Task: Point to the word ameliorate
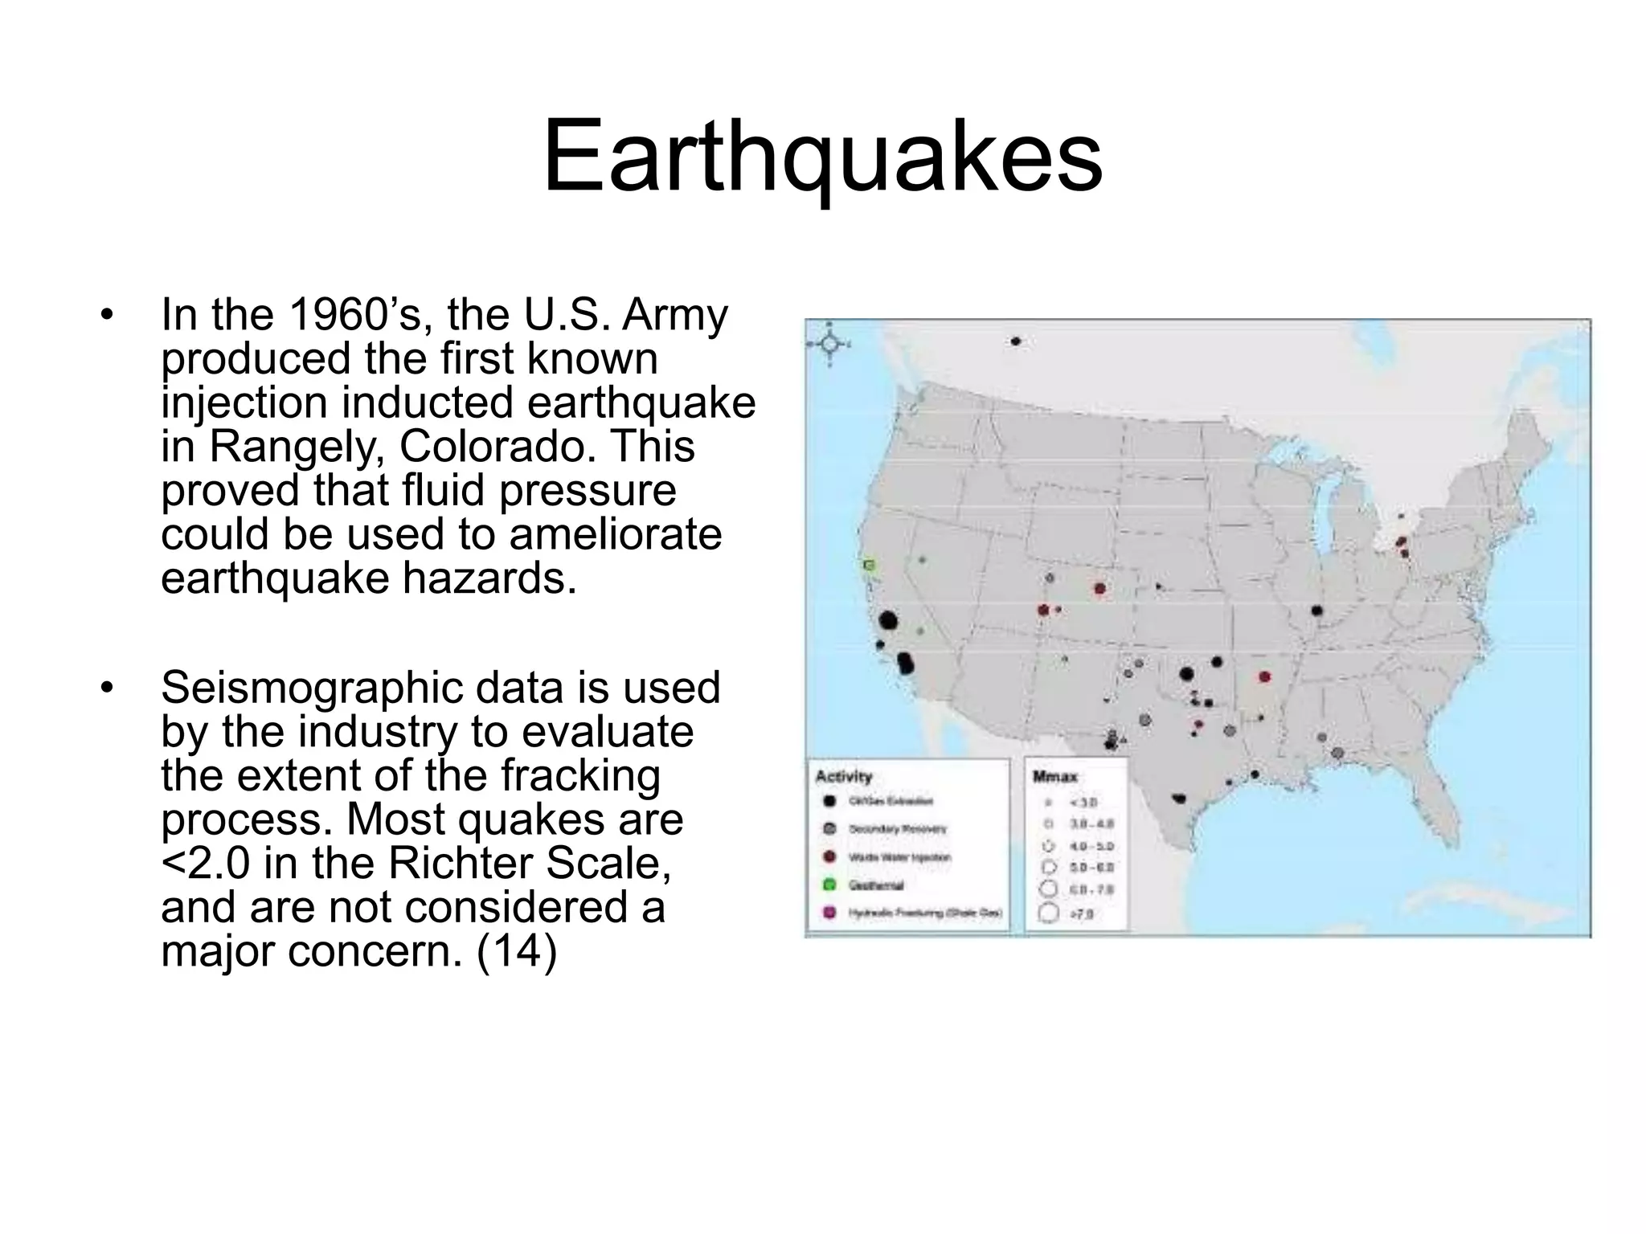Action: point(615,534)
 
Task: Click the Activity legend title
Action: point(843,776)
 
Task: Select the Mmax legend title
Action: point(1054,777)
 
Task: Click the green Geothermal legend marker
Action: point(830,885)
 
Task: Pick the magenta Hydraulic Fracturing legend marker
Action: point(830,913)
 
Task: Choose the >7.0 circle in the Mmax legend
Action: point(1048,913)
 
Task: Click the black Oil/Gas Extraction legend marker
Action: point(830,801)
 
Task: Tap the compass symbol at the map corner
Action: point(829,345)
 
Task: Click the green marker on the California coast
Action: point(868,566)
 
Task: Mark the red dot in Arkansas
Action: point(1264,677)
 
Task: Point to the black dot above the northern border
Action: point(1016,341)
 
